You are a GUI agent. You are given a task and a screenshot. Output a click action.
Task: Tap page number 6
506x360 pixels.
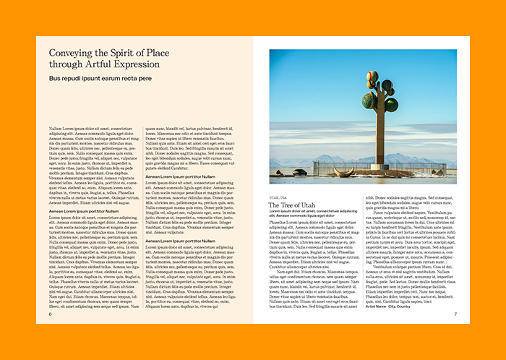51,314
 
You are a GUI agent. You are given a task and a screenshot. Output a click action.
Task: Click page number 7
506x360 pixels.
455,314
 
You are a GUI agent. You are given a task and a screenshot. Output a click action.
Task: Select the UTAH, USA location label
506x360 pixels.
278,197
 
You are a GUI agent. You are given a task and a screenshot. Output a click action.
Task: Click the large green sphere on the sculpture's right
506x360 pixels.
391,105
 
